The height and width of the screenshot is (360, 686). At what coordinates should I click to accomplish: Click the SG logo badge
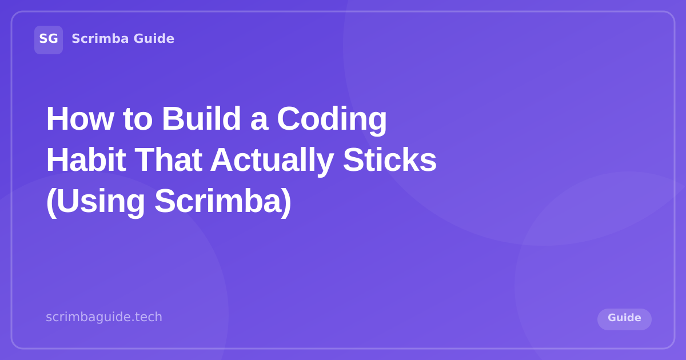pos(49,39)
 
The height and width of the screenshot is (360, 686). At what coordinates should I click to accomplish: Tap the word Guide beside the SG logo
pos(154,39)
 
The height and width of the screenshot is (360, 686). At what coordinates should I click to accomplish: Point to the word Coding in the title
pos(332,118)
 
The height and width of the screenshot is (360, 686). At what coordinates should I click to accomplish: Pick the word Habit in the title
pos(86,160)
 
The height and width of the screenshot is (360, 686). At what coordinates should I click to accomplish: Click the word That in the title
pos(168,160)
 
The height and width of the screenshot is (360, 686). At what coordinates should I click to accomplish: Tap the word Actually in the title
pos(272,160)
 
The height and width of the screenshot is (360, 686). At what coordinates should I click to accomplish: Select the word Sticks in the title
pos(389,160)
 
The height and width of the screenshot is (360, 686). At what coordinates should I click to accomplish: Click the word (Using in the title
pos(95,201)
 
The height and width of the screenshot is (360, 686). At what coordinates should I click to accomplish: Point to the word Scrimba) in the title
pos(222,201)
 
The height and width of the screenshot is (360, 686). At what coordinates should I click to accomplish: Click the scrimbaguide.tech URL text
pos(104,317)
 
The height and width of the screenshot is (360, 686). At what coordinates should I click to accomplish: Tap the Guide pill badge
pos(624,319)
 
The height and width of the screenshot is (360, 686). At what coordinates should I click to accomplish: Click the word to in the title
pos(137,118)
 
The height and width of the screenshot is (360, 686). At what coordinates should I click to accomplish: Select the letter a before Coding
pos(259,119)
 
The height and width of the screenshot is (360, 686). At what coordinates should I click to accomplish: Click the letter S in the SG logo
pos(43,39)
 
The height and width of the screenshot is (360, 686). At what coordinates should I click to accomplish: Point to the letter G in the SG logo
pos(53,39)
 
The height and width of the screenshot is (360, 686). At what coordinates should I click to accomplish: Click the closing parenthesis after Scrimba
pos(286,201)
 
